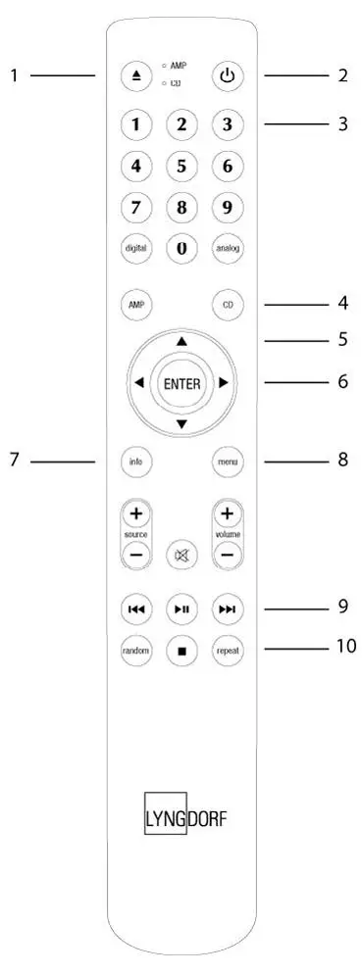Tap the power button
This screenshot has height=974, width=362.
[x=228, y=75]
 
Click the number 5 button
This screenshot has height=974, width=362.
[x=181, y=166]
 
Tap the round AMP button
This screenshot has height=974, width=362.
[x=135, y=305]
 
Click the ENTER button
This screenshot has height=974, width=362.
[x=181, y=384]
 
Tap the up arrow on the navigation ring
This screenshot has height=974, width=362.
[x=181, y=341]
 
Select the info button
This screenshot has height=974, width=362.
[x=135, y=461]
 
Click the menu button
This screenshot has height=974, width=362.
[x=228, y=461]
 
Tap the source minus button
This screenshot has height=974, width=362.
[x=135, y=555]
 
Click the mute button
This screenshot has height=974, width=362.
[x=181, y=556]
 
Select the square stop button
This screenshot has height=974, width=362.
[x=181, y=649]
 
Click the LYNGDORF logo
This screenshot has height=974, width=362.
[x=181, y=814]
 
